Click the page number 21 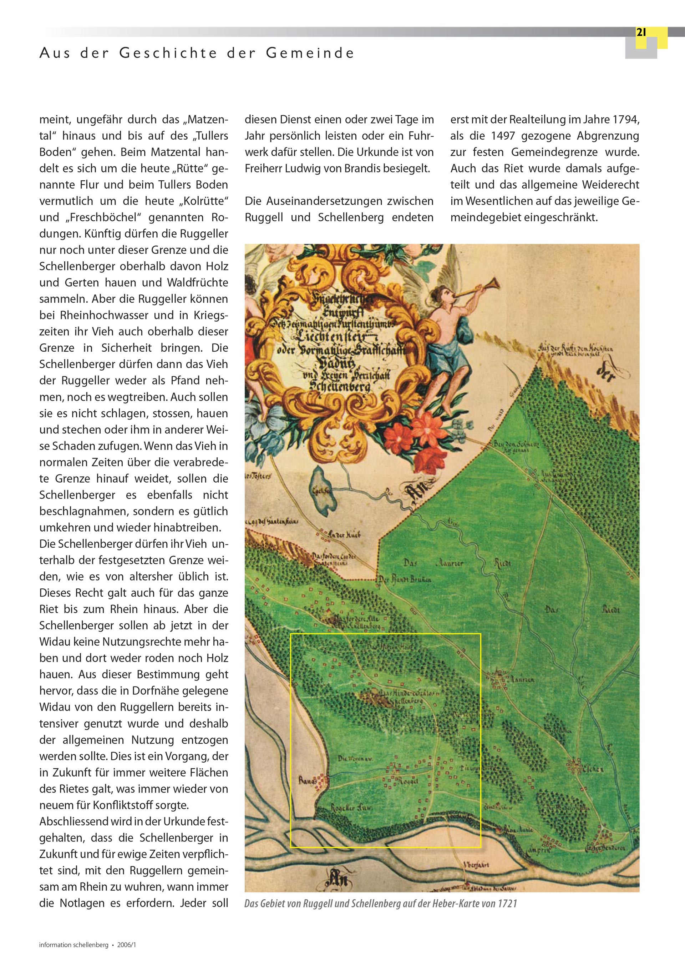point(641,33)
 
